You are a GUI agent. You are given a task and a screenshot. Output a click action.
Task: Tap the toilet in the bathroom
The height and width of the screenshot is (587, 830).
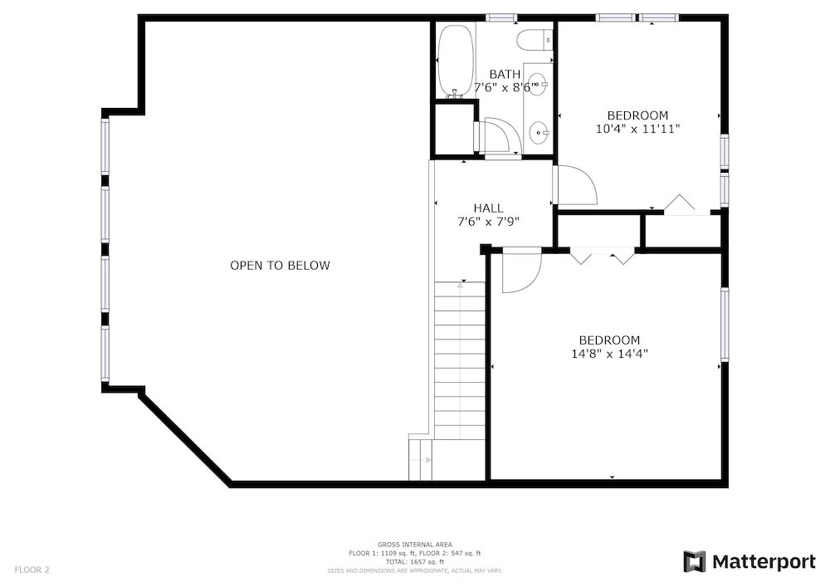[x=535, y=40]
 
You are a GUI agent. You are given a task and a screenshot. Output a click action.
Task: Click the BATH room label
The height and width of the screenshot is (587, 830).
[x=505, y=74]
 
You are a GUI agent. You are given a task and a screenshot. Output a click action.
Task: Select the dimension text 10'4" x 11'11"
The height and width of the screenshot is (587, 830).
[x=637, y=129]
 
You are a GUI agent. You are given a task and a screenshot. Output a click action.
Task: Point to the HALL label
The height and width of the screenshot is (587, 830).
[x=488, y=208]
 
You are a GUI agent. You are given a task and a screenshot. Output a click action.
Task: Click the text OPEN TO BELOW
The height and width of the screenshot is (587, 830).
[x=280, y=265]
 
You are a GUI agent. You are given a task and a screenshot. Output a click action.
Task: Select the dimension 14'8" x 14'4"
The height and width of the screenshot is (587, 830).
[x=610, y=354]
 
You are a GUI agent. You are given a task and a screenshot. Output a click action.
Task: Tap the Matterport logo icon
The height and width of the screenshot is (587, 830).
[x=695, y=561]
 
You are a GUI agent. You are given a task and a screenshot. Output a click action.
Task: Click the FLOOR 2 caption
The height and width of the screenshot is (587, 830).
[x=32, y=570]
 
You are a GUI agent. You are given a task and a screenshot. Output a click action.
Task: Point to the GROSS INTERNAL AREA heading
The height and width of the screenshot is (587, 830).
[x=414, y=544]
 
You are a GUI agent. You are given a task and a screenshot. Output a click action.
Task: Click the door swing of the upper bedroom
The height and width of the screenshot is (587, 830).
[x=575, y=185]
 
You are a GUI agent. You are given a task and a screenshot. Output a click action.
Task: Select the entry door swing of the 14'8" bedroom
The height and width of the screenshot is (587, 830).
[x=521, y=270]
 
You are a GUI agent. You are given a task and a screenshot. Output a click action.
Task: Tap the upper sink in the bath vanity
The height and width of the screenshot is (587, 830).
[x=538, y=85]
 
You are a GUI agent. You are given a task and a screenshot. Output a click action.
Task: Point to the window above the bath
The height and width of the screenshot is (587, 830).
[x=502, y=17]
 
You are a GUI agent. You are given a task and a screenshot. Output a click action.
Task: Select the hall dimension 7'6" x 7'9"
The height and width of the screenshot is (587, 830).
[x=488, y=221]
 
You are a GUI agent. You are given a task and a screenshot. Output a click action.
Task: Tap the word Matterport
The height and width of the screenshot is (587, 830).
[x=764, y=561]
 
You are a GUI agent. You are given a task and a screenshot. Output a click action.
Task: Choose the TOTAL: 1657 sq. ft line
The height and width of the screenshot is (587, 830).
[x=414, y=562]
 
